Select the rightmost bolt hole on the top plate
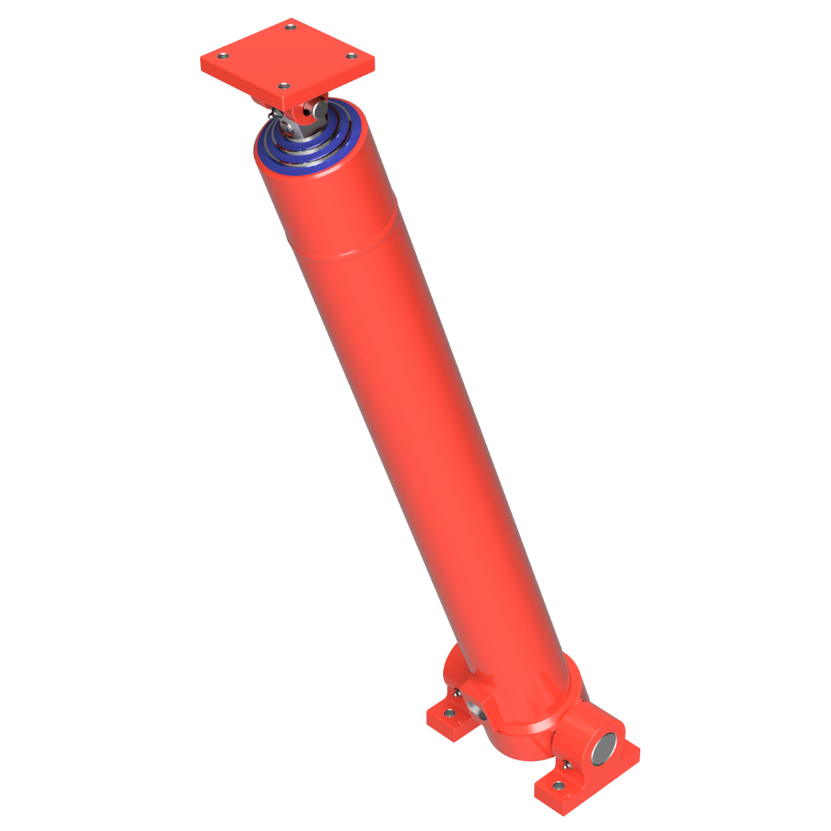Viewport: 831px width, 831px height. (x=351, y=55)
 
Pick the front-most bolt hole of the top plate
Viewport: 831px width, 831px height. (x=282, y=86)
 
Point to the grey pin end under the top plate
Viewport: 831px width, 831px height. (x=320, y=108)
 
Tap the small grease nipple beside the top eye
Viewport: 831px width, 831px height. (x=274, y=114)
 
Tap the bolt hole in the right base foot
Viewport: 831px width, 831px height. (x=557, y=786)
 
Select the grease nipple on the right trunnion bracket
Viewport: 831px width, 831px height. (x=566, y=765)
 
